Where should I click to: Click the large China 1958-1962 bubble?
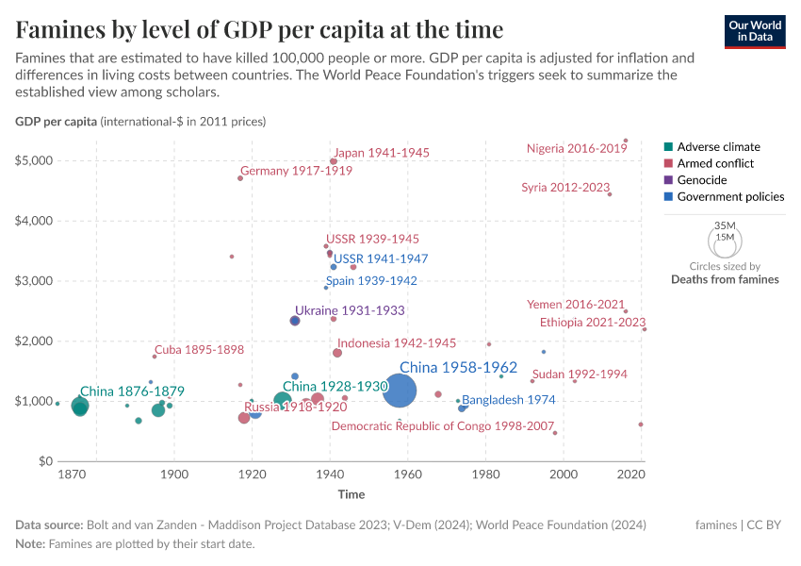[x=400, y=391]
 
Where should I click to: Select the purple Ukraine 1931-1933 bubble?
[x=295, y=321]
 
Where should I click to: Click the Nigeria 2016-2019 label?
[x=577, y=148]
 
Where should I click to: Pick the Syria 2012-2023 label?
[x=565, y=188]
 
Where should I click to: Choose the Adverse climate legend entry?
[x=718, y=147]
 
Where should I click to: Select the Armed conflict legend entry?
[x=715, y=164]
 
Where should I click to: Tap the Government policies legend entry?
[x=730, y=197]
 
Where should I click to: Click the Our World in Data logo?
[x=754, y=31]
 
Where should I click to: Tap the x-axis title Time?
[x=351, y=494]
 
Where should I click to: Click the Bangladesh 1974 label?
[x=509, y=400]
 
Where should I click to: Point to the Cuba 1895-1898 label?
[x=199, y=350]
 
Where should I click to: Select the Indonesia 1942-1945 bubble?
[x=337, y=353]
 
